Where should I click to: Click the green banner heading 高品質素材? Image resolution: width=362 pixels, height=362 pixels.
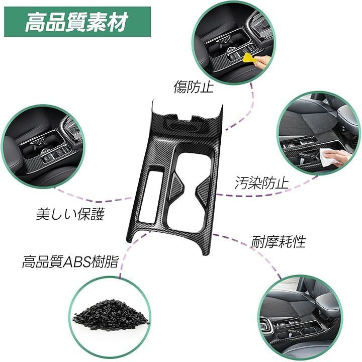coord(77,22)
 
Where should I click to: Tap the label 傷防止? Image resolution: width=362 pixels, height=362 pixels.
coord(194,87)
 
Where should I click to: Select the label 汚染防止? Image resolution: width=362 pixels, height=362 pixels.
coord(261,183)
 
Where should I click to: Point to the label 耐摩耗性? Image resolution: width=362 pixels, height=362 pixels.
coord(278,241)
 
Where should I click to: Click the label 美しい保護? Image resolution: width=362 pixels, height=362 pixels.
coord(70,214)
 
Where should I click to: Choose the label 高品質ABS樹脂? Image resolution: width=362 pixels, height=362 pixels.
coord(70,261)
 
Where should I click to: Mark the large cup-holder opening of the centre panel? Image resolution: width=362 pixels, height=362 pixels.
coord(192,190)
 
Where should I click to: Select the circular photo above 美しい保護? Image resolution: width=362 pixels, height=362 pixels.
coord(43,147)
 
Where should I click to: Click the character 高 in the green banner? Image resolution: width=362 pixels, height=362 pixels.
coord(35,22)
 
